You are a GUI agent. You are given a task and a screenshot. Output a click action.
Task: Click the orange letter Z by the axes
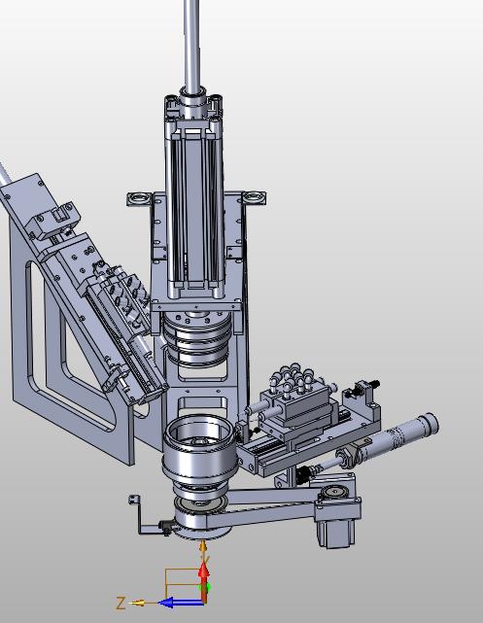(x=121, y=603)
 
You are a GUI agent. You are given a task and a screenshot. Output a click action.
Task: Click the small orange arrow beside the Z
(x=138, y=603)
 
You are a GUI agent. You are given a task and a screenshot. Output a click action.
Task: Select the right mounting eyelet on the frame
(x=254, y=198)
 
